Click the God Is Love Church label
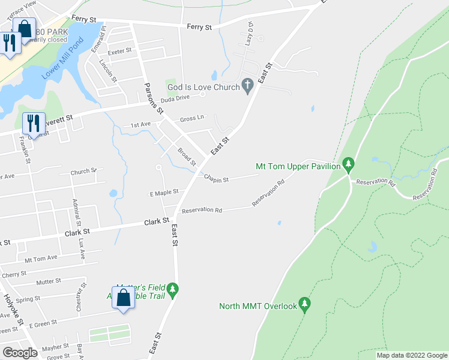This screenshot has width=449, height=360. (203, 87)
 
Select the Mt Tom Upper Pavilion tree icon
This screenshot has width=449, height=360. (348, 165)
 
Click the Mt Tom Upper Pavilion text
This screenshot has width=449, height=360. (298, 166)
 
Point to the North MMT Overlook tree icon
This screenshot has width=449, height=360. (305, 305)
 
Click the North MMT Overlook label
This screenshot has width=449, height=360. (258, 306)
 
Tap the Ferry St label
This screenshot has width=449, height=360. (199, 27)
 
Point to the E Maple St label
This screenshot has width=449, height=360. (164, 193)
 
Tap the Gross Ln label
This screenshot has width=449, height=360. (192, 119)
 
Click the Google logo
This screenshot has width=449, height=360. (20, 353)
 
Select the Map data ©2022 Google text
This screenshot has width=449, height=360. (411, 355)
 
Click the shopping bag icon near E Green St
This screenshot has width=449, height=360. (123, 298)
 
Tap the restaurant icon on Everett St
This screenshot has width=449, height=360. (34, 124)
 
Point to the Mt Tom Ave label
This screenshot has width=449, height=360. (41, 258)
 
